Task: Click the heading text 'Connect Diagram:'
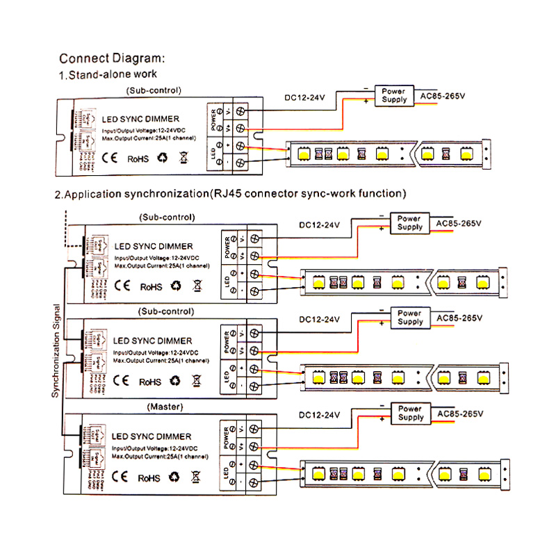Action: coord(111,58)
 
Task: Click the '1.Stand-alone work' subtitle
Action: coord(108,74)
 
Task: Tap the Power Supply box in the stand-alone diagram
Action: coord(395,95)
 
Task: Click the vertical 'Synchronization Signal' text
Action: coord(56,350)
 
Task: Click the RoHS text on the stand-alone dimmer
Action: coord(137,159)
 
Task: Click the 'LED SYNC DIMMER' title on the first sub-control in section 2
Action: coord(153,246)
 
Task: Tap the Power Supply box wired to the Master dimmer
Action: coord(410,414)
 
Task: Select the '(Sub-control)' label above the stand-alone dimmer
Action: coord(153,90)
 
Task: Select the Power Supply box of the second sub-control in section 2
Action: coord(410,318)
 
